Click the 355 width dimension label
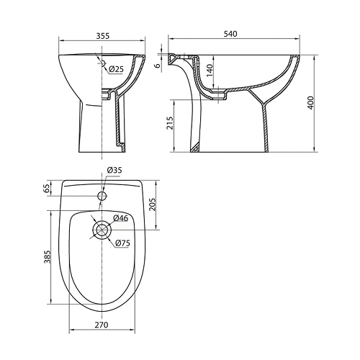102,36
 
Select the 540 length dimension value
230,34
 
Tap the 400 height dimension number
310,103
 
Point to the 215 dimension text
170,123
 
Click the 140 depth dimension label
210,71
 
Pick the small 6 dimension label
157,66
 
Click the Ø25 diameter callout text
116,69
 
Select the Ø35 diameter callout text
114,170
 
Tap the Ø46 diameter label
120,218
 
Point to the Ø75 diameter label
122,243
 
